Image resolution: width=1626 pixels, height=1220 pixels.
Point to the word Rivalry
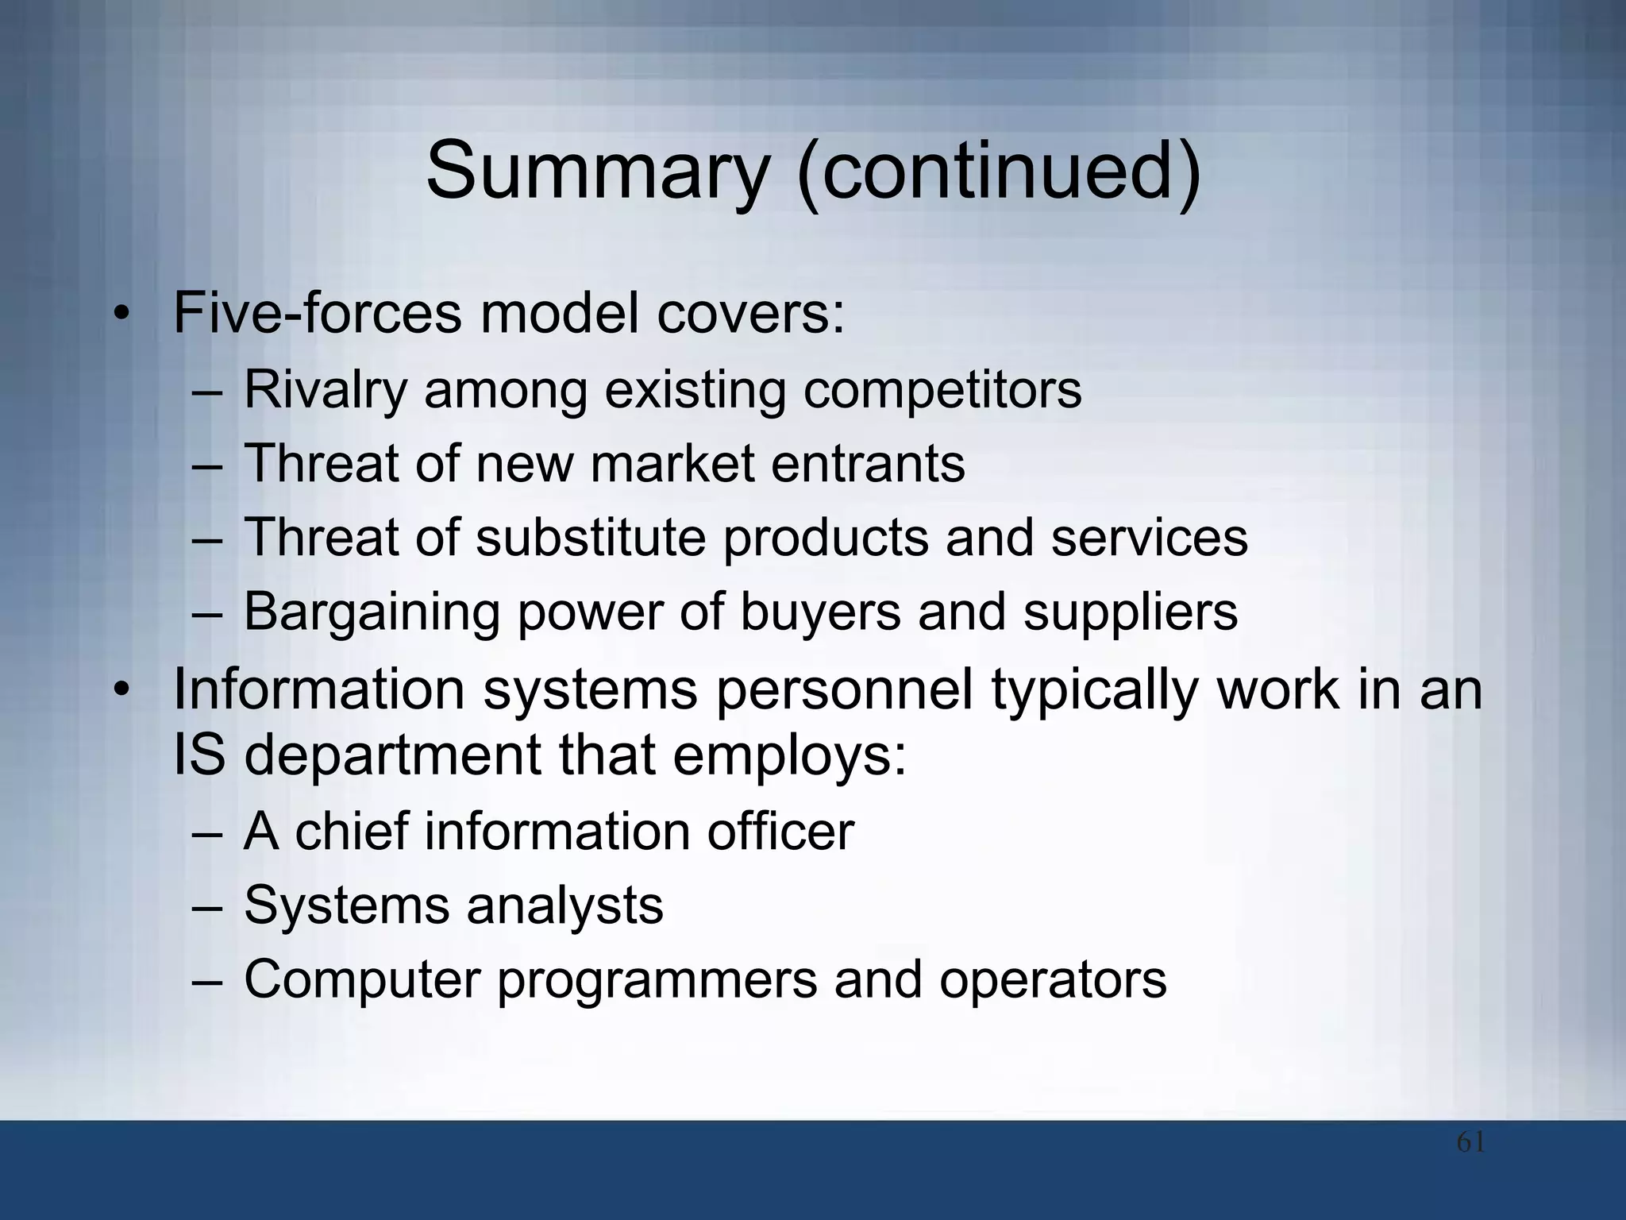pyautogui.click(x=326, y=391)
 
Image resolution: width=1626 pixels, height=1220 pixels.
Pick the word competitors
pyautogui.click(x=942, y=391)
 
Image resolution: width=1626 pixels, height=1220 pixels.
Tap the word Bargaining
pyautogui.click(x=372, y=612)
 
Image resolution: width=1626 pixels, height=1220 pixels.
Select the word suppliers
pyautogui.click(x=1131, y=612)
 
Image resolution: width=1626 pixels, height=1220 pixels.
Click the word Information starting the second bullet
pyautogui.click(x=318, y=689)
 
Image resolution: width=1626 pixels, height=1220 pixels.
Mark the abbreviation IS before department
pyautogui.click(x=198, y=755)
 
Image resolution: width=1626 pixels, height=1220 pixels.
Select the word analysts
pyautogui.click(x=564, y=905)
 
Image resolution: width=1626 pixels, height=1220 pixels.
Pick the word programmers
pyautogui.click(x=657, y=980)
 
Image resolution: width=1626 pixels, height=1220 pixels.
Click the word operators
pyautogui.click(x=1053, y=980)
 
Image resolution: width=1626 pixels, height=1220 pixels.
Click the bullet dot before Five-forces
pyautogui.click(x=120, y=315)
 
